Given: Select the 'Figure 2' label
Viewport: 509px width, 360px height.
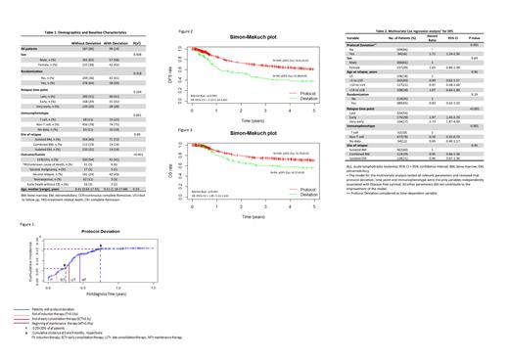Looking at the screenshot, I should pyautogui.click(x=184, y=31).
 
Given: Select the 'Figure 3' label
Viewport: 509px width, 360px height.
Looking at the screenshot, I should pyautogui.click(x=184, y=128).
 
